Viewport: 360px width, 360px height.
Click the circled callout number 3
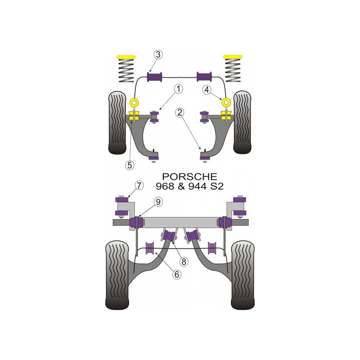coord(158,55)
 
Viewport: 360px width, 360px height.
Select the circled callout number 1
coord(178,89)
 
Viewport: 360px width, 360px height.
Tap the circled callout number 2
coord(180,112)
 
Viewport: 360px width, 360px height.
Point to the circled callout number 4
coord(207,90)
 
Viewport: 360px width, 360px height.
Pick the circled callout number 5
coord(130,165)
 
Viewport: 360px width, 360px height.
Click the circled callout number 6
coord(177,274)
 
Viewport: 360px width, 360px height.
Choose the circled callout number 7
coord(139,185)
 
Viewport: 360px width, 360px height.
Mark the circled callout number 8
coord(184,261)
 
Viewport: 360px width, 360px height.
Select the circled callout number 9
coord(158,202)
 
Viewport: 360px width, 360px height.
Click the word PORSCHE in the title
coord(189,176)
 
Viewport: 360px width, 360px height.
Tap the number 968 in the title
coord(165,186)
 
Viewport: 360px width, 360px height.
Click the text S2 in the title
coord(217,186)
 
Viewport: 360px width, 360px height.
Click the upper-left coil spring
coord(126,71)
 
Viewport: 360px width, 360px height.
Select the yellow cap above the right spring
coord(233,57)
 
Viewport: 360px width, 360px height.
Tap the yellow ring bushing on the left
coord(134,102)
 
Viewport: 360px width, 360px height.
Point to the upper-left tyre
coord(117,123)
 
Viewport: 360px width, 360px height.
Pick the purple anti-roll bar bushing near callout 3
coord(154,76)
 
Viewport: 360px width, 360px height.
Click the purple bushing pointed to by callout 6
coord(150,248)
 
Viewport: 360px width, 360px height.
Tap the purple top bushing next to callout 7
coord(123,199)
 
